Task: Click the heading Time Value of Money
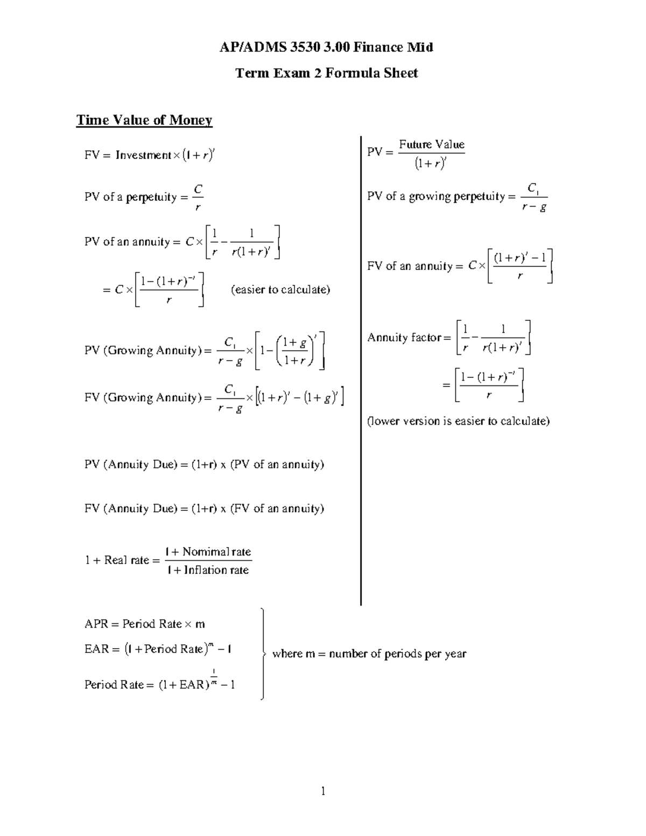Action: (x=144, y=120)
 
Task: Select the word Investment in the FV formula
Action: (x=143, y=156)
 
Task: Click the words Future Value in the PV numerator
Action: (x=431, y=144)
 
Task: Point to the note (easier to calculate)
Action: (x=280, y=290)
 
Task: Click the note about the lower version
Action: (x=458, y=421)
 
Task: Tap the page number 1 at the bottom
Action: (x=323, y=791)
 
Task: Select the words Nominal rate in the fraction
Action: (x=216, y=552)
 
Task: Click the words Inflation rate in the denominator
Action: (x=216, y=570)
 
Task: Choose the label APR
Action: (x=96, y=624)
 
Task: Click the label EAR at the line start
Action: (x=96, y=649)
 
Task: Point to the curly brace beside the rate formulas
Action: (x=262, y=654)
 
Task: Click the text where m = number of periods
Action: (x=369, y=654)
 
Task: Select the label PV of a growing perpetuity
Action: (x=436, y=196)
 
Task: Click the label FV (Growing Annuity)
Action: (x=142, y=398)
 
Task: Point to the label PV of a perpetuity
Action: (x=131, y=197)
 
